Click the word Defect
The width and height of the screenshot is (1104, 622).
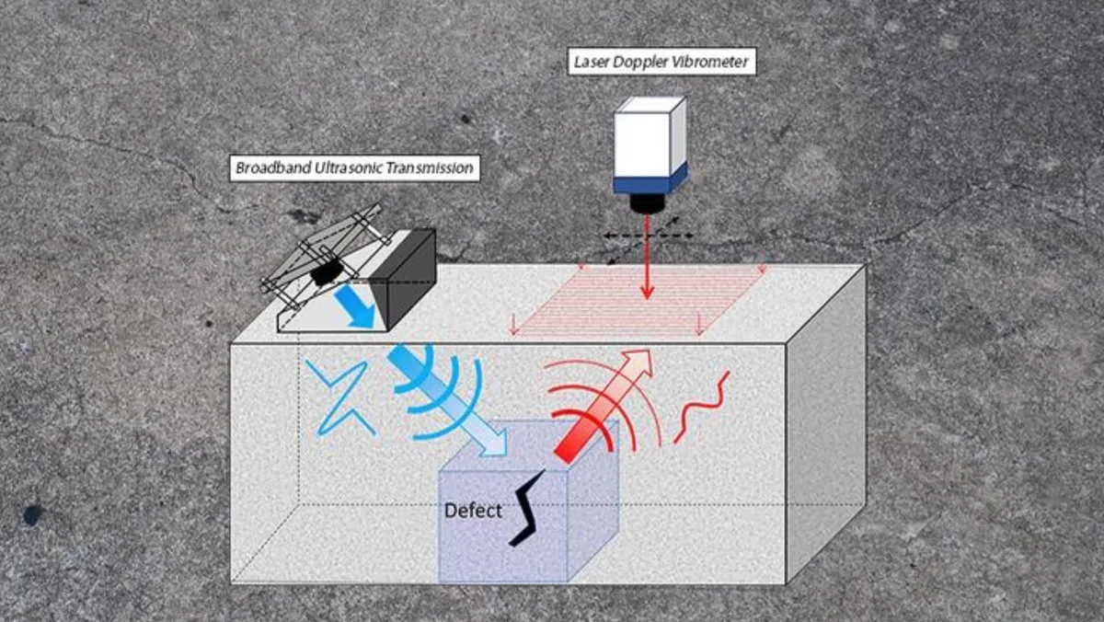(473, 510)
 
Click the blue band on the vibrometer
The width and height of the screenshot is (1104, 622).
(650, 179)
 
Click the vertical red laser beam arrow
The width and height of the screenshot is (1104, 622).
(648, 258)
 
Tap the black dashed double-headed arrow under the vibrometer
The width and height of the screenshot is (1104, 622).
(649, 236)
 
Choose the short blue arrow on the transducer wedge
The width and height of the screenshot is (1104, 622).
(355, 305)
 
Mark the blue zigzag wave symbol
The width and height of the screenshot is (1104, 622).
(339, 397)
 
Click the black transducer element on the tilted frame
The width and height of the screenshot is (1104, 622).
(323, 273)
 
